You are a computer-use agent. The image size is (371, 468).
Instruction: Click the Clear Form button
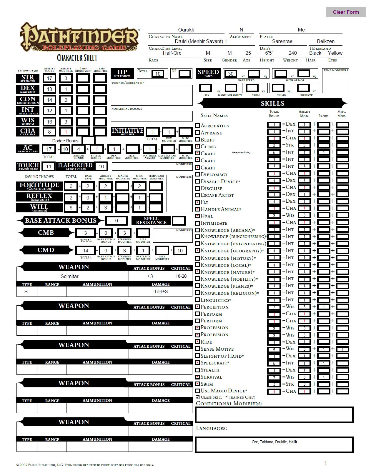[x=346, y=12]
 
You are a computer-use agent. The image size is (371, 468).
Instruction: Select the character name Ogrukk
[x=186, y=30]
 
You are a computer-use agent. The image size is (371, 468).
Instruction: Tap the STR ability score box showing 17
[x=49, y=78]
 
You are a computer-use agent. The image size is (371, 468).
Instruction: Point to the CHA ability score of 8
[x=49, y=132]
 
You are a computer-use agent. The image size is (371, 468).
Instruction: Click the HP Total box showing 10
[x=158, y=74]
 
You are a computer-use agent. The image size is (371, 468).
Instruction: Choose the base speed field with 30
[x=231, y=74]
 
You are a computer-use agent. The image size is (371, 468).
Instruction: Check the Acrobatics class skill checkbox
[x=198, y=125]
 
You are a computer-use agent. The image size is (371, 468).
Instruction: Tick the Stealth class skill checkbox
[x=198, y=370]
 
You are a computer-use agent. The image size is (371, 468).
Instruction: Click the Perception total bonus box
[x=274, y=307]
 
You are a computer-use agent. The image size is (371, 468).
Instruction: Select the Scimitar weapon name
[x=69, y=276]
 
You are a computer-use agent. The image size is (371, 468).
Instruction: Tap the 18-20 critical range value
[x=181, y=276]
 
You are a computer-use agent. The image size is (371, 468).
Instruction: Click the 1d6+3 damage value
[x=161, y=292]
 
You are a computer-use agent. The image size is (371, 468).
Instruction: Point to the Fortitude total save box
[x=71, y=186]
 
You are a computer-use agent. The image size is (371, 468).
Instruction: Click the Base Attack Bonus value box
[x=117, y=221]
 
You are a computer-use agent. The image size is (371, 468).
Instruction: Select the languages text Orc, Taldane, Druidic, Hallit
[x=274, y=442]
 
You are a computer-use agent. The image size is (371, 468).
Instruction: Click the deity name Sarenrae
[x=282, y=41]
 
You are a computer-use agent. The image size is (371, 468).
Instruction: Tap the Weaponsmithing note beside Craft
[x=241, y=152]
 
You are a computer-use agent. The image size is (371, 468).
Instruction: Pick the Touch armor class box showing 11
[x=49, y=166]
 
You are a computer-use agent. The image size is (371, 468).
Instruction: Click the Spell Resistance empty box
[x=179, y=221]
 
